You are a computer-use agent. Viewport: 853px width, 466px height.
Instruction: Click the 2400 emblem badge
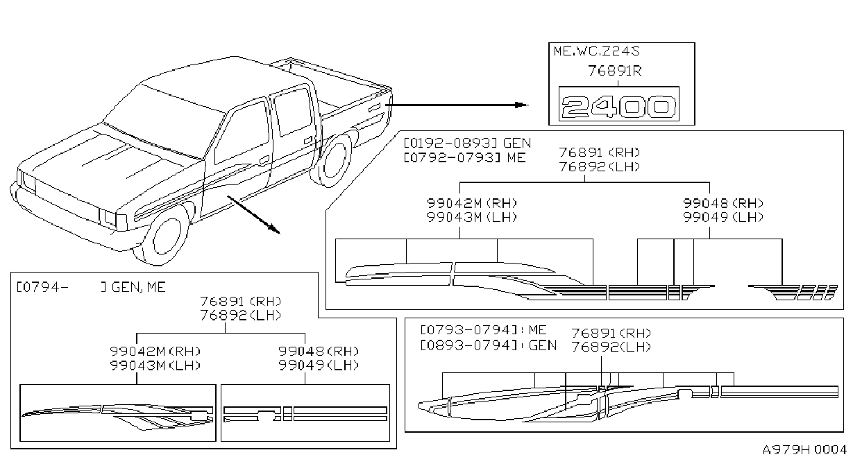(x=619, y=104)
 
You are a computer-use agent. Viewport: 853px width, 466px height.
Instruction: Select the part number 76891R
(x=615, y=71)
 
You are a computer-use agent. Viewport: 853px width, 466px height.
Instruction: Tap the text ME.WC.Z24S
(x=596, y=51)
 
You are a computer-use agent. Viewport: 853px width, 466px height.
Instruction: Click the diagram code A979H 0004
(x=804, y=450)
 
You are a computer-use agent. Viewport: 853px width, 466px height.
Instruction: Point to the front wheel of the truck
(x=166, y=236)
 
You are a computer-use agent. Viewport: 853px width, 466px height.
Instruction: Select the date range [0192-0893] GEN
(x=467, y=143)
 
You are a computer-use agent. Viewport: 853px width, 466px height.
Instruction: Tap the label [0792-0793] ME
(x=464, y=157)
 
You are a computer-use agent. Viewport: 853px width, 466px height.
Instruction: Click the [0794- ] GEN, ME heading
(x=91, y=287)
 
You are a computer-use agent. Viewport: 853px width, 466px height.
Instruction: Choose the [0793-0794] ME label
(x=484, y=329)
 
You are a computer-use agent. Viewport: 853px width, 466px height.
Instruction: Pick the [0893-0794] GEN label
(x=489, y=345)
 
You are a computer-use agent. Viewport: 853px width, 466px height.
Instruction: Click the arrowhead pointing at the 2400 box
(x=522, y=105)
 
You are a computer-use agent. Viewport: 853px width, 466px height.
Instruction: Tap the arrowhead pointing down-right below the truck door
(x=274, y=229)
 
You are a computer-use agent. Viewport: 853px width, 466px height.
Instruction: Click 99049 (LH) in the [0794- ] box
(x=319, y=365)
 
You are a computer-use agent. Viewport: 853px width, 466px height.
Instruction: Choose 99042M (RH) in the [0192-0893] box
(x=471, y=203)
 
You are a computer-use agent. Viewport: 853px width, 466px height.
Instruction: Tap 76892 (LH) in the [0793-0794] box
(x=611, y=347)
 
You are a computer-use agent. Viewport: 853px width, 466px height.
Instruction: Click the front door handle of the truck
(x=264, y=159)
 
